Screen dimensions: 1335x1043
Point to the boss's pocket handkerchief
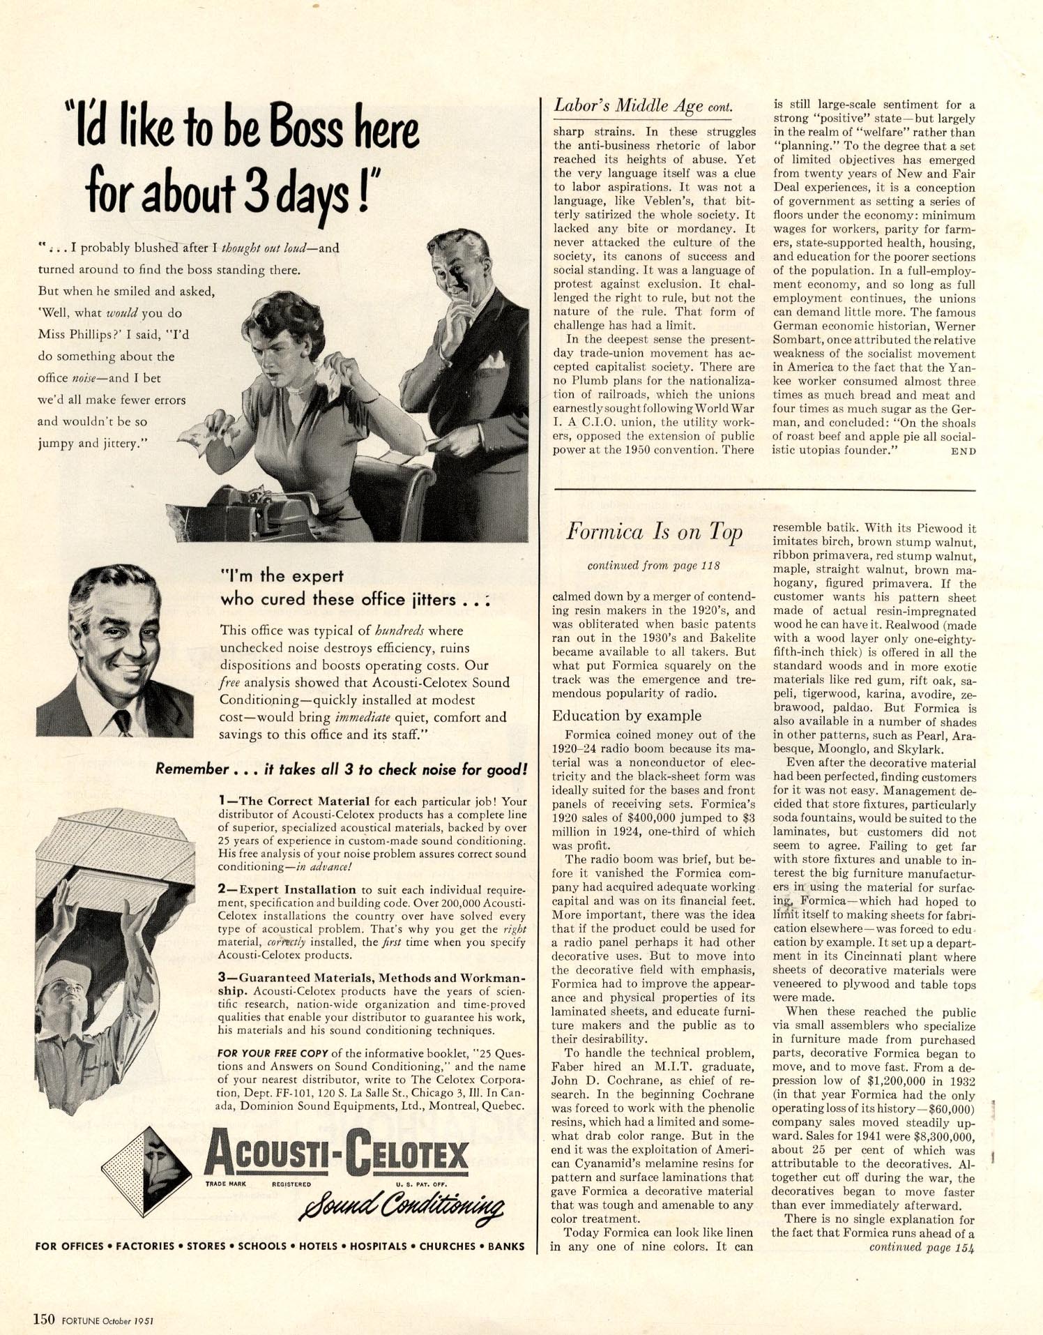coord(493,361)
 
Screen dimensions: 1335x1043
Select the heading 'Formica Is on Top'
coord(653,532)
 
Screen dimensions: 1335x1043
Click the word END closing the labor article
coord(963,451)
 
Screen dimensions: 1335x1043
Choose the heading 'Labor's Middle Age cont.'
coord(643,106)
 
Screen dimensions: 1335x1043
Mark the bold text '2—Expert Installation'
coord(287,889)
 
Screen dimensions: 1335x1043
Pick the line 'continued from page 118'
coord(653,566)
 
